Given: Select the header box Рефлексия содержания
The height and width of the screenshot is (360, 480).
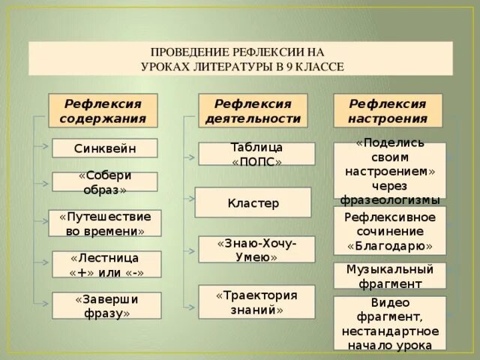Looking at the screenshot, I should (103, 110).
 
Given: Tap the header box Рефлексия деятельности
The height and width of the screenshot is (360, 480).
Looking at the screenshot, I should (253, 110).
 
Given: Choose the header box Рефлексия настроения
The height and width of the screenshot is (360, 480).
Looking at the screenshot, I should (388, 110).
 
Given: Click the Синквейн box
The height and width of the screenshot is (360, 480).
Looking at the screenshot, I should (105, 148).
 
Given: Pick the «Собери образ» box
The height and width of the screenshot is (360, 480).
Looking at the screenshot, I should (105, 181).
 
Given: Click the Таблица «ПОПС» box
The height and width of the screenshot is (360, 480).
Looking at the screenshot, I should (256, 154).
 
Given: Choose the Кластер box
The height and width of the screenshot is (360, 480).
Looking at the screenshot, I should (253, 202).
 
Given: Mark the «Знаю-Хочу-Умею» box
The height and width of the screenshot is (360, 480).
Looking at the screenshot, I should (256, 250).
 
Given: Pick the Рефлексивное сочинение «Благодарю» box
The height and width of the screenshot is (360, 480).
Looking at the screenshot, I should (389, 231).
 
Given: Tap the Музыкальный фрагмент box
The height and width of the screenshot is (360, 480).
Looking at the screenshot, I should (389, 275).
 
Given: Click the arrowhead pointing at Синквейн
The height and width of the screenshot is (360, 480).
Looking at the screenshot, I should (49, 148).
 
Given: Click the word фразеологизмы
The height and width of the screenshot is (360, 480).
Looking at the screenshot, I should (389, 199).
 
